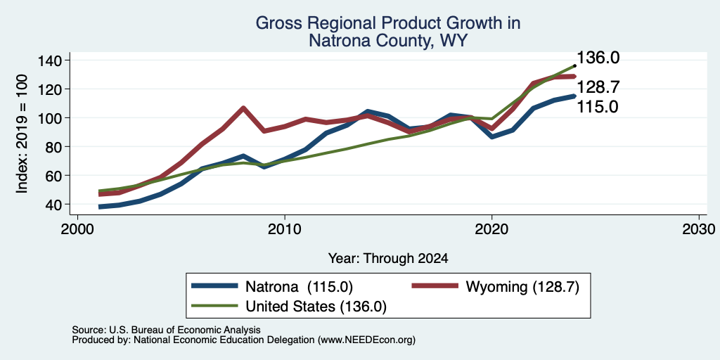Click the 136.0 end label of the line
point(598,58)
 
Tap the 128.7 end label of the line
point(598,86)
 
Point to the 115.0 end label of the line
point(598,107)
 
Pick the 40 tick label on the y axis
point(55,205)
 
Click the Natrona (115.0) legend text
point(300,287)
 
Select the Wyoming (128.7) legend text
point(522,287)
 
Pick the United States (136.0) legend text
point(316,307)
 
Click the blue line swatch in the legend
point(215,286)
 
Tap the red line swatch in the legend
point(435,286)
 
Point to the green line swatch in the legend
point(215,306)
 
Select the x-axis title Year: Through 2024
point(388,259)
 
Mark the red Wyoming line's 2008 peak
point(243,108)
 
